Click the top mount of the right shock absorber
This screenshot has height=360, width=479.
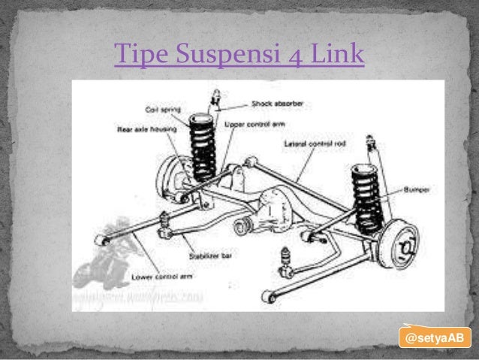pos(369,141)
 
